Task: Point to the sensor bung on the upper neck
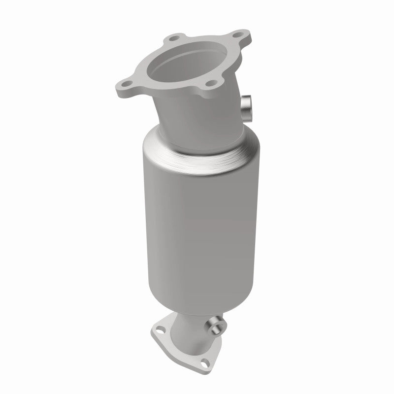point(246,106)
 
